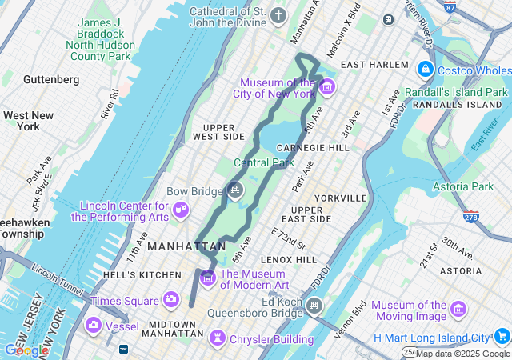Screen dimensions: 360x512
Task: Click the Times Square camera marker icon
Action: pyautogui.click(x=170, y=300)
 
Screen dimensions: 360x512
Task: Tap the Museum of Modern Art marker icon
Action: pyautogui.click(x=208, y=278)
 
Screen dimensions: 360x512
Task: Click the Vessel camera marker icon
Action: pyautogui.click(x=94, y=324)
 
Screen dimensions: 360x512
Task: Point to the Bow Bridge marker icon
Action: pyautogui.click(x=234, y=190)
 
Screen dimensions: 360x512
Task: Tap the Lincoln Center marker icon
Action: pyautogui.click(x=182, y=210)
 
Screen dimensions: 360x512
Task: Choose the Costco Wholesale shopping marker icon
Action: pyautogui.click(x=425, y=70)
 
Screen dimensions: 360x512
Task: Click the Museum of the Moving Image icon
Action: pyautogui.click(x=458, y=310)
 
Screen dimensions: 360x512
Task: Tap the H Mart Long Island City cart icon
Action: pyautogui.click(x=502, y=336)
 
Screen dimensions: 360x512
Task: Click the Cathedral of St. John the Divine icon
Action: pyautogui.click(x=278, y=15)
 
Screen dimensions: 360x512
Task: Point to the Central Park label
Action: pyautogui.click(x=264, y=163)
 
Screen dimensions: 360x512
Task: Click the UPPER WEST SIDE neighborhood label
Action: pyautogui.click(x=223, y=132)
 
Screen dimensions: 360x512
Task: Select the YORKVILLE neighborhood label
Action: pyautogui.click(x=341, y=198)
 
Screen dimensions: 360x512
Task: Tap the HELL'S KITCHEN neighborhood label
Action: pyautogui.click(x=142, y=275)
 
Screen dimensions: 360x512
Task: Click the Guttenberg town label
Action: pyautogui.click(x=51, y=80)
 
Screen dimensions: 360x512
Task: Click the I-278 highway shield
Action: pyautogui.click(x=470, y=217)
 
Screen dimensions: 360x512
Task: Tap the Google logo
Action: pyautogui.click(x=26, y=350)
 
